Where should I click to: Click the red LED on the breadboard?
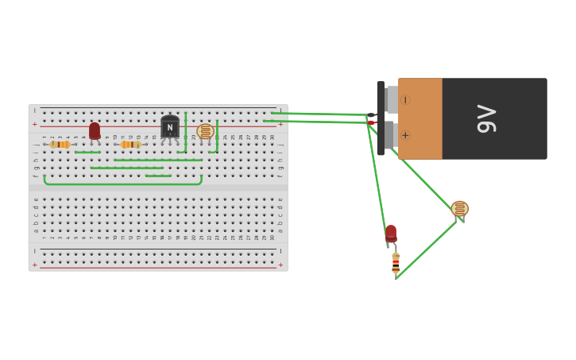tap(95, 131)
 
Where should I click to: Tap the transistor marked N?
tap(169, 127)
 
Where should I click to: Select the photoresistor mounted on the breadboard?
tap(206, 131)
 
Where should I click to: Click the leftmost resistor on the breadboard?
tap(60, 145)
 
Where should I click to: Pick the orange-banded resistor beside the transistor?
tap(130, 145)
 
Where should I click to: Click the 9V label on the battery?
tap(485, 118)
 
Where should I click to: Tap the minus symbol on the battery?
tap(405, 100)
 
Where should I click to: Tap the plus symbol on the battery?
tap(405, 135)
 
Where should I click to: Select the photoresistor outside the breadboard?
tap(459, 209)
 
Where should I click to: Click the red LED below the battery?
tap(391, 233)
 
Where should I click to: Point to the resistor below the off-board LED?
tap(396, 264)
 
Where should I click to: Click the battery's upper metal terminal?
tap(392, 99)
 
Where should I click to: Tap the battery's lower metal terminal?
tap(392, 134)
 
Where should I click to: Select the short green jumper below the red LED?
tap(87, 152)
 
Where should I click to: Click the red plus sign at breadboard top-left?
tap(34, 125)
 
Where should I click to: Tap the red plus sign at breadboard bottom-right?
tap(280, 265)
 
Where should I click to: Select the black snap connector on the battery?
tap(381, 118)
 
